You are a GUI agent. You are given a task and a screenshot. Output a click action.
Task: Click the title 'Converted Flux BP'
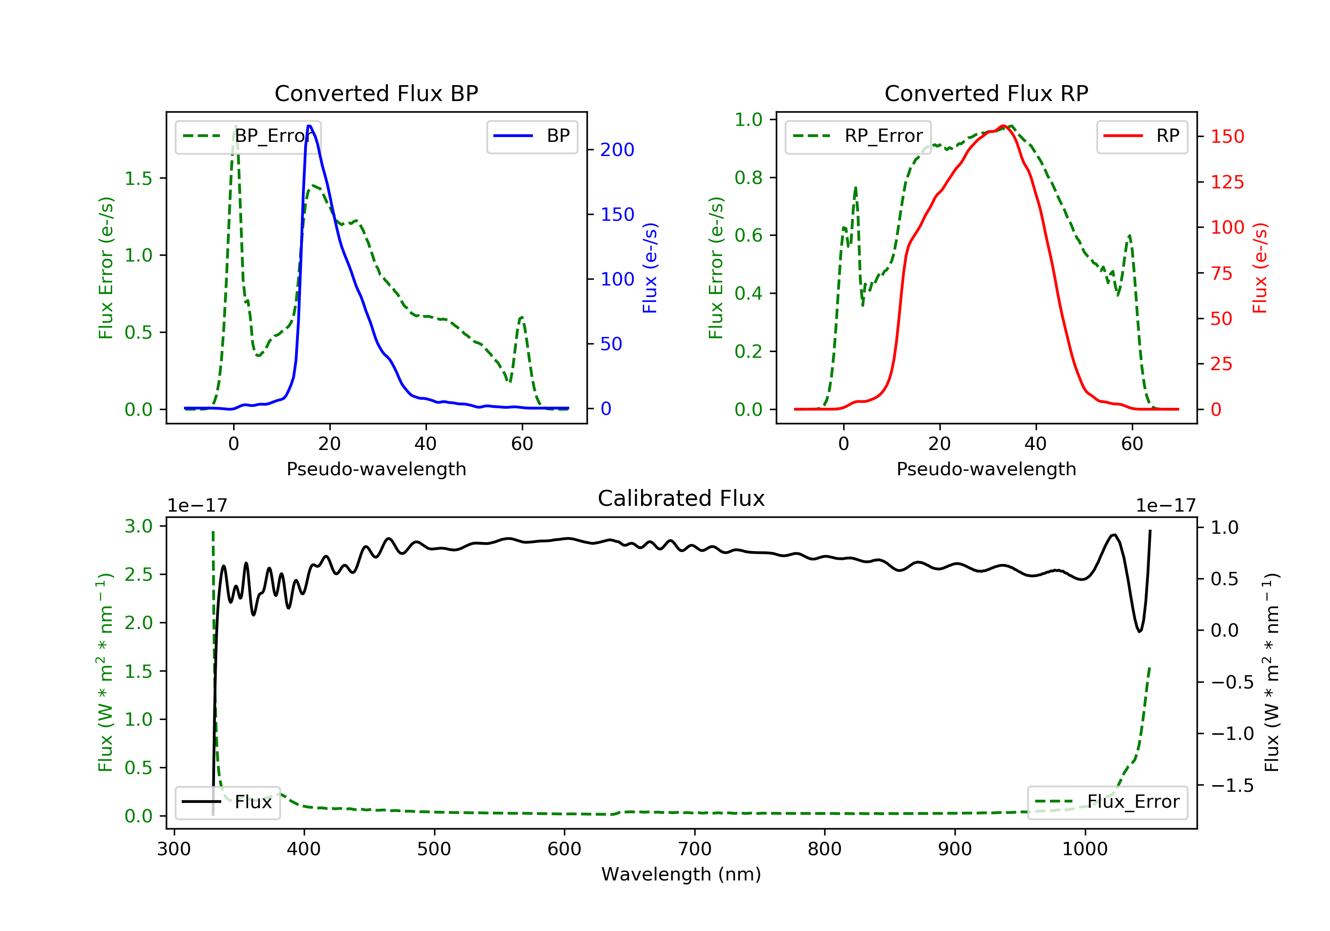376,93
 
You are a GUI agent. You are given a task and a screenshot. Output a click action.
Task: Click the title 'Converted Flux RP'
986,93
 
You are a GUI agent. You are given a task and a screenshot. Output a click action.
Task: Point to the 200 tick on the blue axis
617,150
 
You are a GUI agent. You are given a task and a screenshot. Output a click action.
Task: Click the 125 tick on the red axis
1227,183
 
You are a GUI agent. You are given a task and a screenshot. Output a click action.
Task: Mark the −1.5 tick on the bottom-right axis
1232,786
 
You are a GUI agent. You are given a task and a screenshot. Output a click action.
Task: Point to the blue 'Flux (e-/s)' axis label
650,268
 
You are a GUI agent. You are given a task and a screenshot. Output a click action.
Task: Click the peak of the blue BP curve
309,126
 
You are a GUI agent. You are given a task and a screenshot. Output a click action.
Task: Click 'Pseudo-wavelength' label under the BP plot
376,469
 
